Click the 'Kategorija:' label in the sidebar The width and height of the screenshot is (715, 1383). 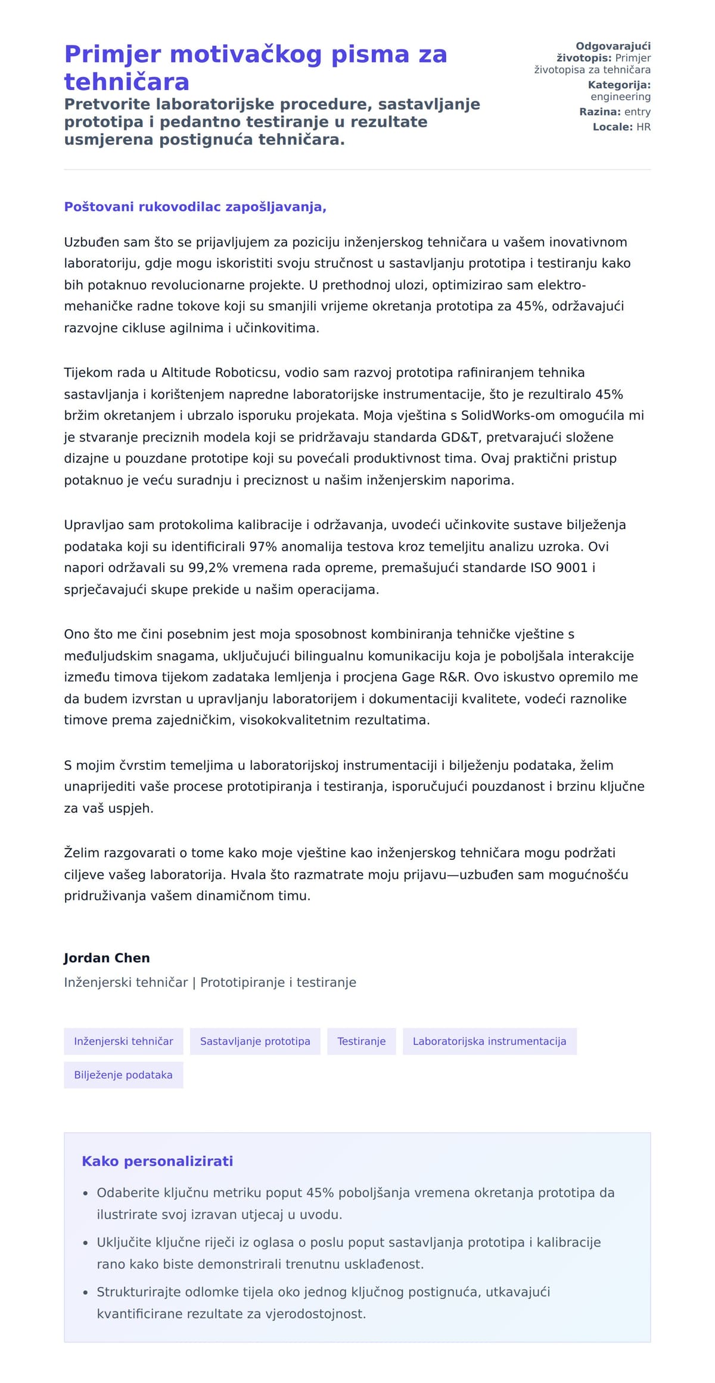(619, 85)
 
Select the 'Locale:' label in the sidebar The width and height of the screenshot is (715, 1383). (613, 127)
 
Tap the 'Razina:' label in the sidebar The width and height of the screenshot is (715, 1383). (600, 112)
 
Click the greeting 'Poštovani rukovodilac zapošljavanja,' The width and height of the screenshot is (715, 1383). (195, 207)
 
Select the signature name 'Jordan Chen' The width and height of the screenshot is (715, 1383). (107, 958)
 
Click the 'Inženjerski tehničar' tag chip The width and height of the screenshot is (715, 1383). (123, 1042)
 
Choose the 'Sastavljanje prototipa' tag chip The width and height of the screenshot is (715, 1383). (255, 1042)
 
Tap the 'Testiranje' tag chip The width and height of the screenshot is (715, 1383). (361, 1042)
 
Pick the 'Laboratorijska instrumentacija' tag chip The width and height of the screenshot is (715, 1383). (489, 1042)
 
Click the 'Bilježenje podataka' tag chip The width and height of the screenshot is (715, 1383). (123, 1075)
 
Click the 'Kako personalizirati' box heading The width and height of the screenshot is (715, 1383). (157, 1161)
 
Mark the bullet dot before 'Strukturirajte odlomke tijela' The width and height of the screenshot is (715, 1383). (85, 1293)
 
